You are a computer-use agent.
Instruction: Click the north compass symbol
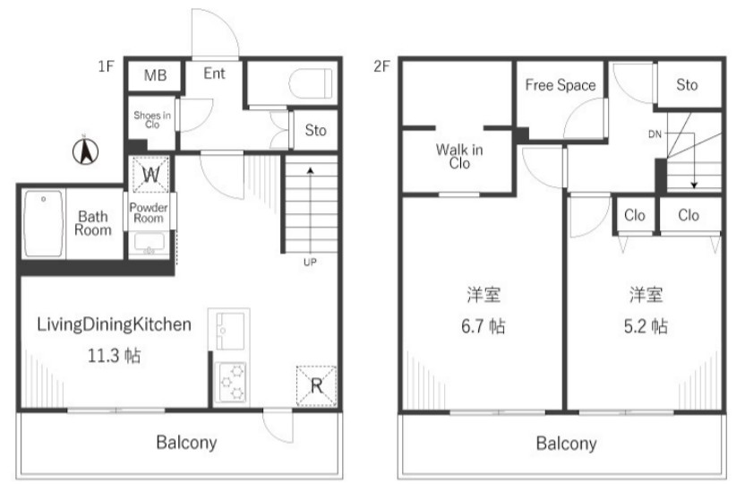pos(85,151)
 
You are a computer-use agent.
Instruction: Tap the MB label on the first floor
pos(155,75)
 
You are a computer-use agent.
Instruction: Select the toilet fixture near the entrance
pos(310,83)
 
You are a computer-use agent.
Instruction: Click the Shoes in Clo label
pos(152,120)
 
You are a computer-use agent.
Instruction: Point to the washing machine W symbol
pos(150,175)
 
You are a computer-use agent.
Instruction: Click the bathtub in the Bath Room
pos(43,224)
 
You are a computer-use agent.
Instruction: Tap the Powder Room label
pos(149,212)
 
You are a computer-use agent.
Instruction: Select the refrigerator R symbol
pos(316,386)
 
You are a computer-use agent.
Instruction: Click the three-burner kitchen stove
pos(230,383)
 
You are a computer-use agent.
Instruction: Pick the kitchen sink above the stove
pos(229,331)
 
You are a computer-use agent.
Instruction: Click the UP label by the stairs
pos(310,263)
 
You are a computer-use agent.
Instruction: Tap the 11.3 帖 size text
pos(114,356)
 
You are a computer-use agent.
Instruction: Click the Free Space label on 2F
pos(561,85)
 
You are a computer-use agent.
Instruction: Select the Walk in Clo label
pos(459,157)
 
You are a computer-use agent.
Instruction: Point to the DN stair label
pos(655,134)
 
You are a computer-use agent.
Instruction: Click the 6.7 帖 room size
pos(483,326)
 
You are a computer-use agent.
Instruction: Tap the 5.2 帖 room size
pos(646,326)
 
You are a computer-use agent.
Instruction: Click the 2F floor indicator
pos(381,66)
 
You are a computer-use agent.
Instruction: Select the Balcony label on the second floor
pos(566,443)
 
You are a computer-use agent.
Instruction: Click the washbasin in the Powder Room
pos(150,244)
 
